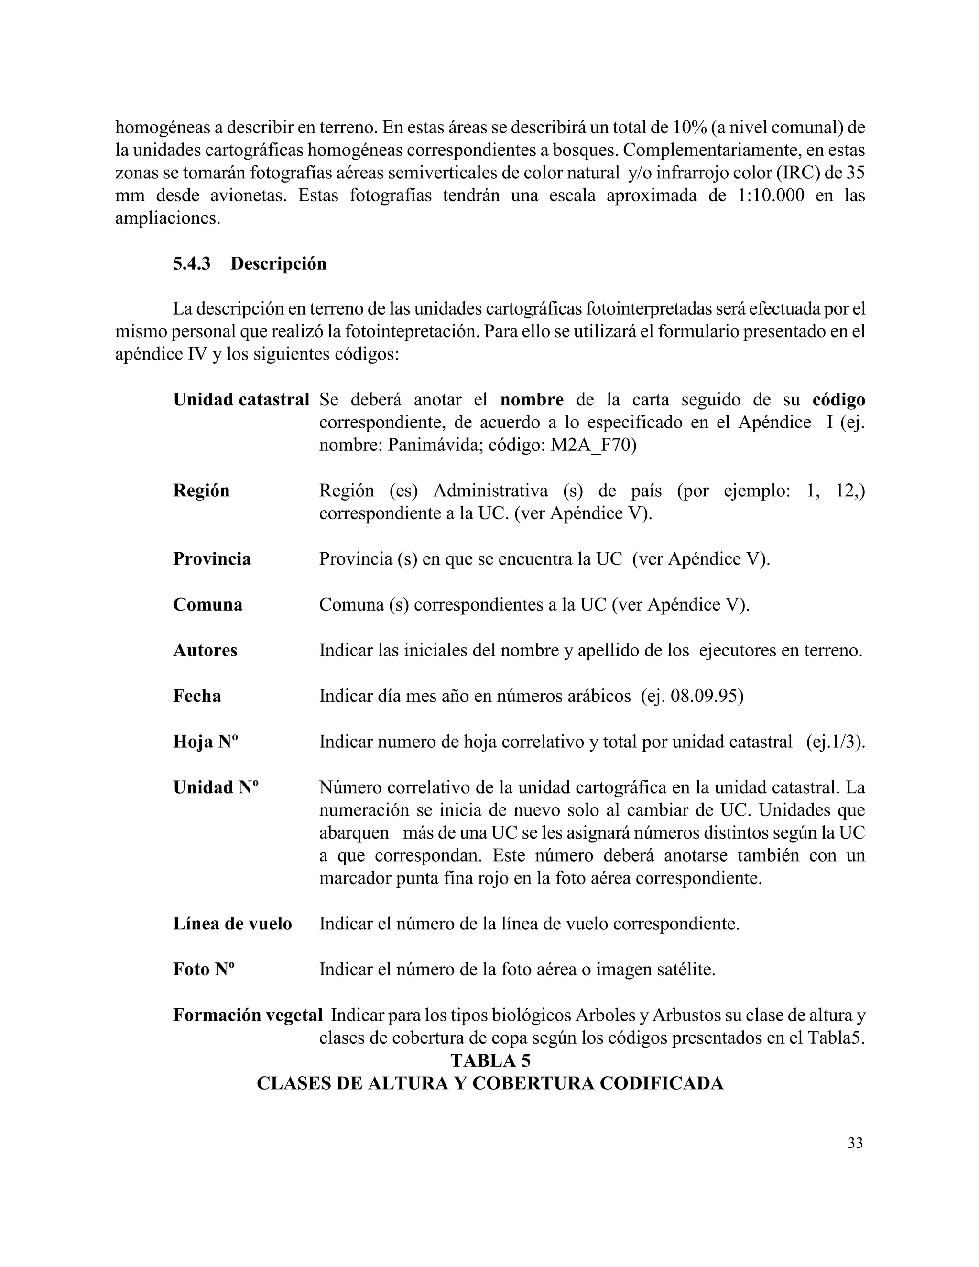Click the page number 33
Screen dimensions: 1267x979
pos(855,1143)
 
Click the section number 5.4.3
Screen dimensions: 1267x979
pos(191,263)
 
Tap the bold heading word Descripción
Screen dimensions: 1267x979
pos(278,263)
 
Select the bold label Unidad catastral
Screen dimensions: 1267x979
pos(241,400)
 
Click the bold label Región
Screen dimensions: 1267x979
pos(201,491)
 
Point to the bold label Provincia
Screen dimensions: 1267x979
pos(212,558)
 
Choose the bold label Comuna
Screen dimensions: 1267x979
pos(207,604)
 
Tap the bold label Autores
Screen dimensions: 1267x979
pos(205,650)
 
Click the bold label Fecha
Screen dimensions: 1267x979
pos(196,696)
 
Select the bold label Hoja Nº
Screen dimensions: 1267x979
pos(206,742)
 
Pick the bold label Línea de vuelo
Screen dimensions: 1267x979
pos(232,924)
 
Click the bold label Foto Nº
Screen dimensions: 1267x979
pos(204,970)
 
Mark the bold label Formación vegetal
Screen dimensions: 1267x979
pos(248,1015)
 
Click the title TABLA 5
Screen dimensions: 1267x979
pos(490,1060)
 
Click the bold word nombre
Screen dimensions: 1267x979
pos(532,400)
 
